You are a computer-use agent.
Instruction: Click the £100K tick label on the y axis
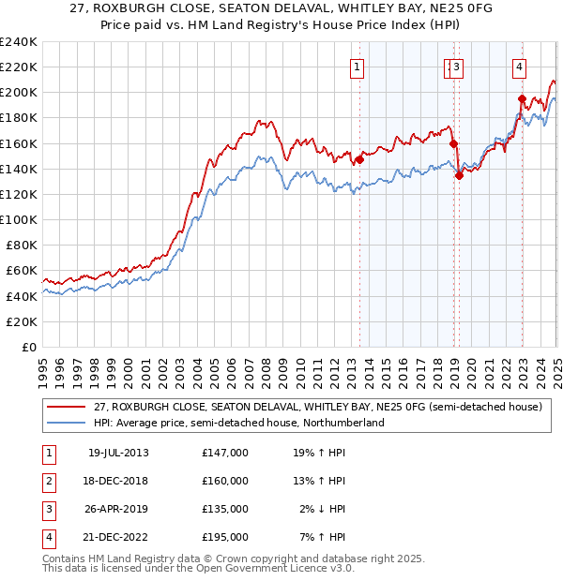pyautogui.click(x=19, y=219)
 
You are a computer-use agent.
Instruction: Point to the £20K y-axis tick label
pyautogui.click(x=22, y=321)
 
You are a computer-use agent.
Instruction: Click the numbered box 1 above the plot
pyautogui.click(x=358, y=67)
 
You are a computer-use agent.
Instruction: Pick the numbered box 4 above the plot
pyautogui.click(x=519, y=67)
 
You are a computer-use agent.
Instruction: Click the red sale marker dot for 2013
pyautogui.click(x=359, y=159)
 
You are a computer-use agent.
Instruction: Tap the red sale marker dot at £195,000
pyautogui.click(x=522, y=98)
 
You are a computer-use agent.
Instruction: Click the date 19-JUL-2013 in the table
pyautogui.click(x=117, y=453)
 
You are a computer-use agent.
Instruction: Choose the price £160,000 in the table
pyautogui.click(x=225, y=481)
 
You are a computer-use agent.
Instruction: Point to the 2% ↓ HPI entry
pyautogui.click(x=323, y=509)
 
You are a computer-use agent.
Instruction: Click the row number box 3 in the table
pyautogui.click(x=47, y=509)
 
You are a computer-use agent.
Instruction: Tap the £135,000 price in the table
pyautogui.click(x=225, y=509)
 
